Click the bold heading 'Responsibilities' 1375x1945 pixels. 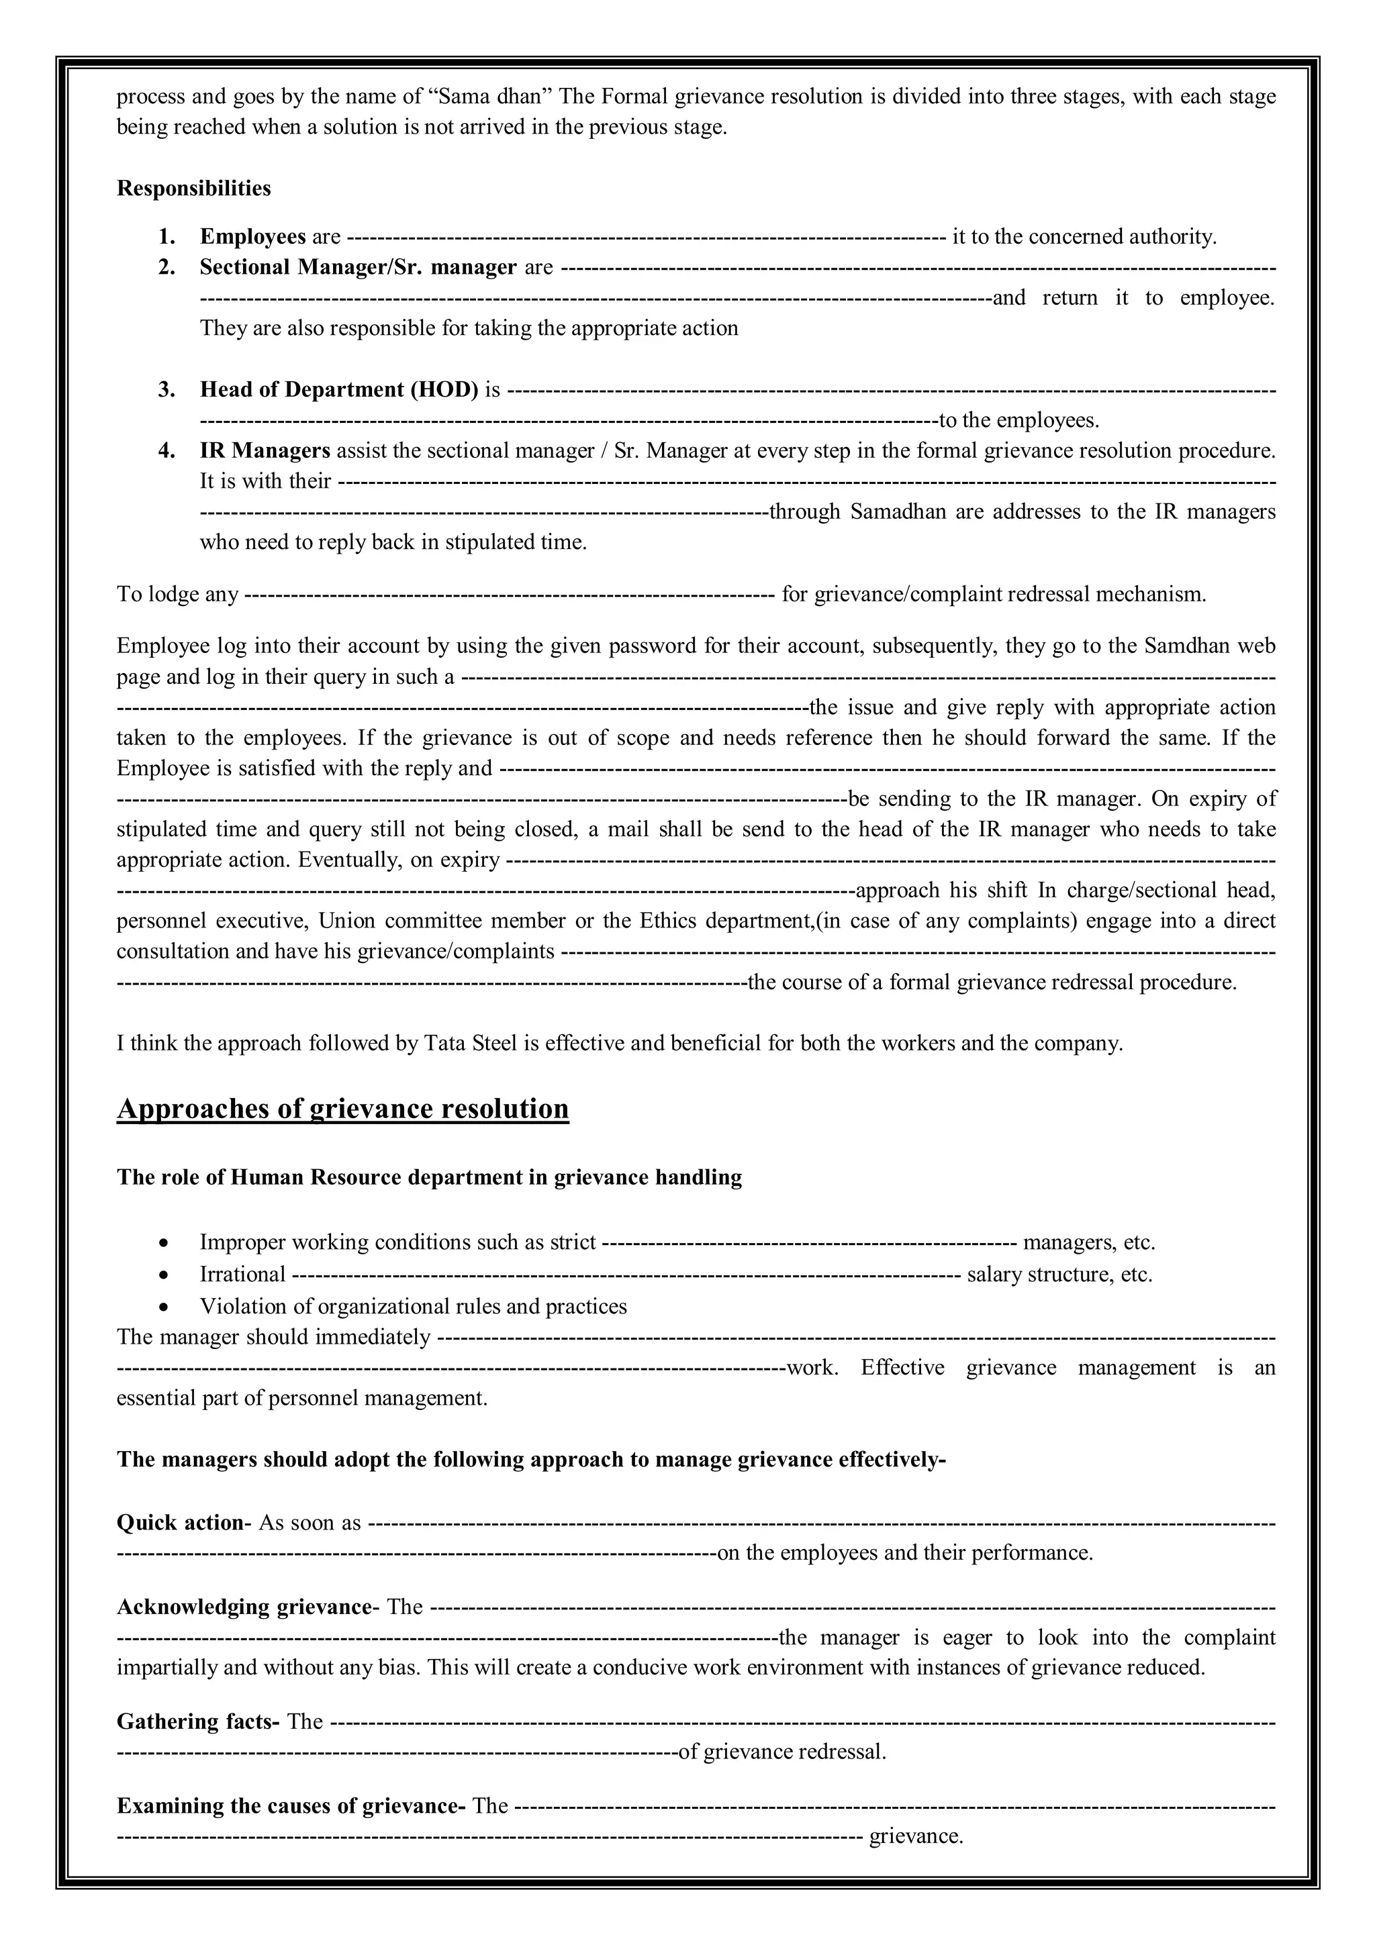pyautogui.click(x=193, y=188)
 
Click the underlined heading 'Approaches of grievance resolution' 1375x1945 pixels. pyautogui.click(x=342, y=1109)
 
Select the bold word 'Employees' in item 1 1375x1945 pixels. pyautogui.click(x=252, y=236)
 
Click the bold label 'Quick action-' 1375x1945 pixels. pyautogui.click(x=184, y=1522)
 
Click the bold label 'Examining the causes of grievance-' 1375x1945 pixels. pyautogui.click(x=291, y=1806)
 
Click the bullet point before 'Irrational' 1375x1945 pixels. pyautogui.click(x=164, y=1275)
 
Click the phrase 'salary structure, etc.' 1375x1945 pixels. pyautogui.click(x=1059, y=1275)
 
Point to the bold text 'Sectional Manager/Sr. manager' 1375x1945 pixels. pyautogui.click(x=358, y=268)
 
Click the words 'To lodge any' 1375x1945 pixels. pyautogui.click(x=178, y=594)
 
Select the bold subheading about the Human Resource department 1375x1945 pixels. pyautogui.click(x=429, y=1177)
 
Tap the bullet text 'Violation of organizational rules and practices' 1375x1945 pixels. pyautogui.click(x=413, y=1306)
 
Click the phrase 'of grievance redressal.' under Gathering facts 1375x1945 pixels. pyautogui.click(x=782, y=1752)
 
